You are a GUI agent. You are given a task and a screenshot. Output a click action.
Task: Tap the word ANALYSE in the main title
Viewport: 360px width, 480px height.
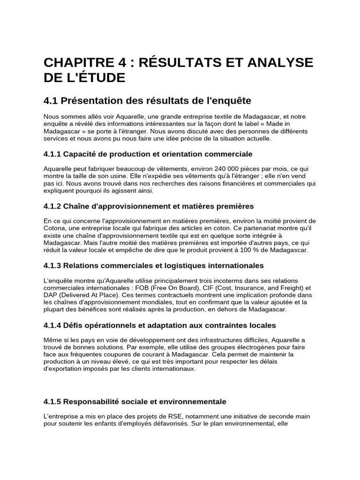275,63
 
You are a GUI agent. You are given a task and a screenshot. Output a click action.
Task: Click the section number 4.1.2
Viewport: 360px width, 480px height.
52,206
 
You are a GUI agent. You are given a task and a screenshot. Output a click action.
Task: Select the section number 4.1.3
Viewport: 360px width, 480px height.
52,265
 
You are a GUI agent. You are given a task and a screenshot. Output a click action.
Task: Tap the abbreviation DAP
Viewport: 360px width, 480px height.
51,295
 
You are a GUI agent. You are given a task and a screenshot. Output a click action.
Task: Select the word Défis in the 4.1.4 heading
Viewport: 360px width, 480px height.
75,325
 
